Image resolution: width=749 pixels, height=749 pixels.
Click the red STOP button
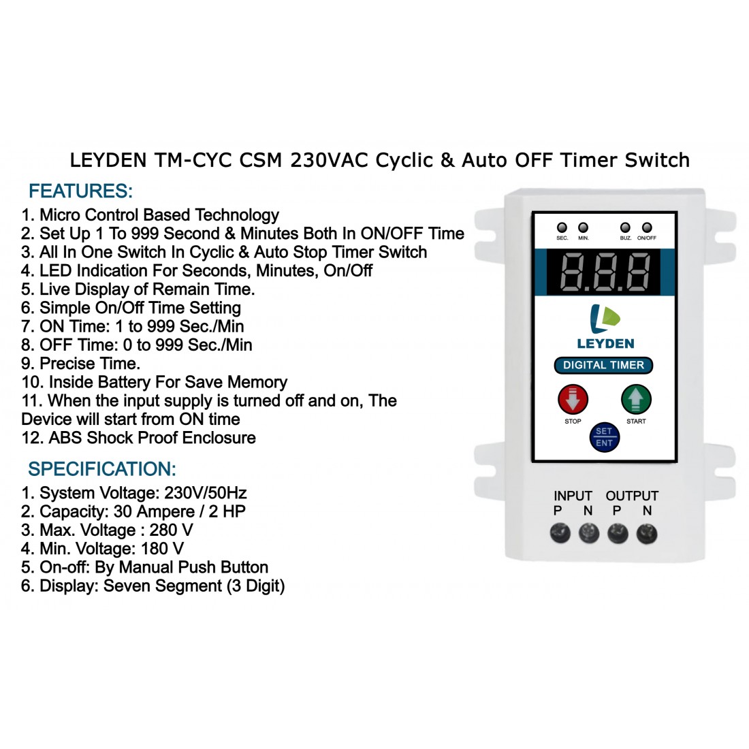[x=573, y=400]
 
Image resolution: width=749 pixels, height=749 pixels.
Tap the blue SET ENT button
[x=604, y=437]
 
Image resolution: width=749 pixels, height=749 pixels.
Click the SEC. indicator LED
[x=562, y=227]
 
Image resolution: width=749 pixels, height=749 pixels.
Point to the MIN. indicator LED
[x=584, y=227]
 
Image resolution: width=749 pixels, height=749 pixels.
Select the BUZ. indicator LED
[x=625, y=227]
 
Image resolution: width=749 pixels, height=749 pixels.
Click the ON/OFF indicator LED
[x=647, y=227]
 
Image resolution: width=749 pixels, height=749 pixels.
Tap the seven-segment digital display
[x=603, y=272]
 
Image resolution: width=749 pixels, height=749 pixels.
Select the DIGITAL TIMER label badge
[x=603, y=366]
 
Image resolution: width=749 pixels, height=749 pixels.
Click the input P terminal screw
[x=560, y=533]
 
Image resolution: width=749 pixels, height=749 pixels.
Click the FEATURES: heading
[x=80, y=191]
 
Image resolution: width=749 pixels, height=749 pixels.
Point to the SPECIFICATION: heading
[x=102, y=469]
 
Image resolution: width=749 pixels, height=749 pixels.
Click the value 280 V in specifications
[x=171, y=530]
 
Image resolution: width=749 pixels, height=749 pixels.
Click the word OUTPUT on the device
[x=632, y=496]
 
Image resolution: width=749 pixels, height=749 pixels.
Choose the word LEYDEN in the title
[x=108, y=160]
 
